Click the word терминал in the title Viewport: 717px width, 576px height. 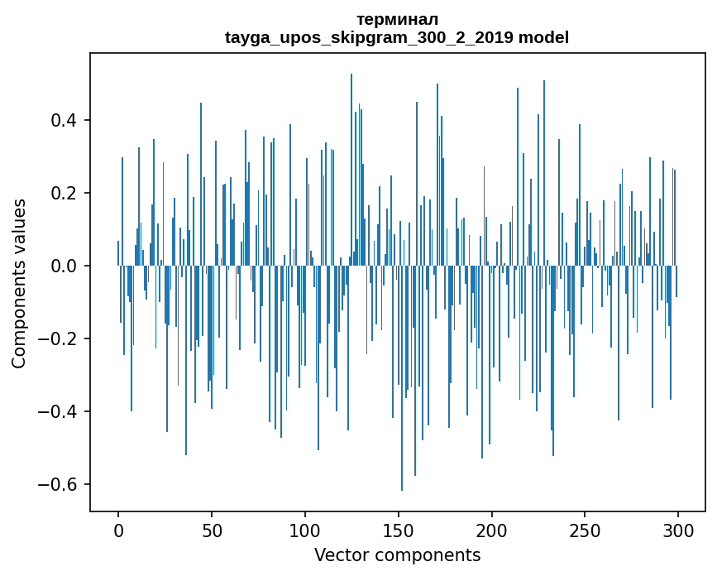(x=397, y=19)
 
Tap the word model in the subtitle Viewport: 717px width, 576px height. (x=543, y=37)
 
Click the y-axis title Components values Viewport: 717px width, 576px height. (x=19, y=283)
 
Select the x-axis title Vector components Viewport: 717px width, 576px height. (x=397, y=554)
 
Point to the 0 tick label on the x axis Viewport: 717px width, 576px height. (x=118, y=530)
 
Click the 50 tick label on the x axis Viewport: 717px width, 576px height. (x=212, y=530)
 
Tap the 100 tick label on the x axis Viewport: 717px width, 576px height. (x=305, y=530)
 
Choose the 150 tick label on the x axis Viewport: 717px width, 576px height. (x=399, y=530)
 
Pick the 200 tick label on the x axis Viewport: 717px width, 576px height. (x=492, y=530)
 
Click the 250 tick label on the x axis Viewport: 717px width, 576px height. (x=586, y=530)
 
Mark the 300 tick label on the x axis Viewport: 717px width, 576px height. (x=679, y=530)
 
